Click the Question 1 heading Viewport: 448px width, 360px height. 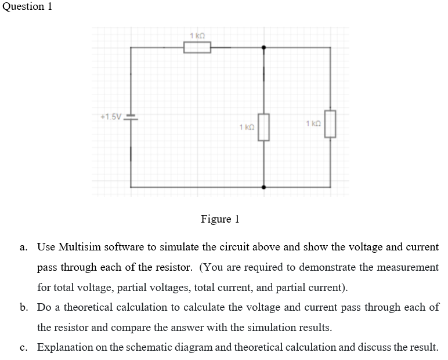30,6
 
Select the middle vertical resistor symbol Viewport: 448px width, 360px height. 264,127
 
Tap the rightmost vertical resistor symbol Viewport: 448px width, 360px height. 330,123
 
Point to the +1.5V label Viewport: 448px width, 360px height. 111,116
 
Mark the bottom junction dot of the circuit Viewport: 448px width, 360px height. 264,187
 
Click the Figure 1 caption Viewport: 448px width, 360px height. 220,219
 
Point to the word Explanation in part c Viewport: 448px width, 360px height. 64,347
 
